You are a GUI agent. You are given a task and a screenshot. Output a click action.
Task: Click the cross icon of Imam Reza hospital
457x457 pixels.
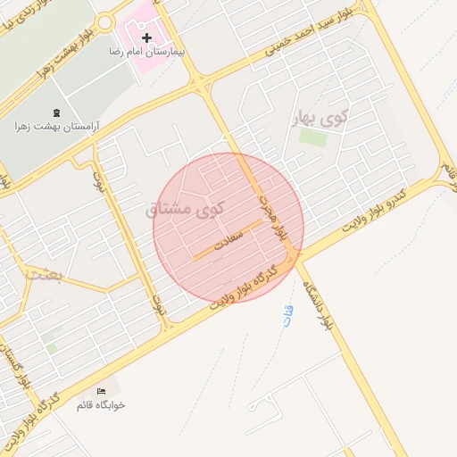(147, 37)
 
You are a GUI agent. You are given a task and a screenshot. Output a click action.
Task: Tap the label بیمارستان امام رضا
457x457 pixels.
(147, 53)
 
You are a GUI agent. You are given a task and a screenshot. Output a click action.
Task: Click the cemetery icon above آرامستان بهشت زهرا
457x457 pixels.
(58, 112)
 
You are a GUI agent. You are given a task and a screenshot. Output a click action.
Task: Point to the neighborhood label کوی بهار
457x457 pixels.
(320, 116)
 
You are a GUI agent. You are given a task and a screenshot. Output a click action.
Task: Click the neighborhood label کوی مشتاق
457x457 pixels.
(185, 209)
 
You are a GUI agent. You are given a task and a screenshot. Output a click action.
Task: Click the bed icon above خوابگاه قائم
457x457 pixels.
(101, 391)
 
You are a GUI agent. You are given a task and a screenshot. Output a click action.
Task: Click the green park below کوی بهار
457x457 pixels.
(312, 137)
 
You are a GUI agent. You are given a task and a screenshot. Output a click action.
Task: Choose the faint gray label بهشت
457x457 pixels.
(44, 273)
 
